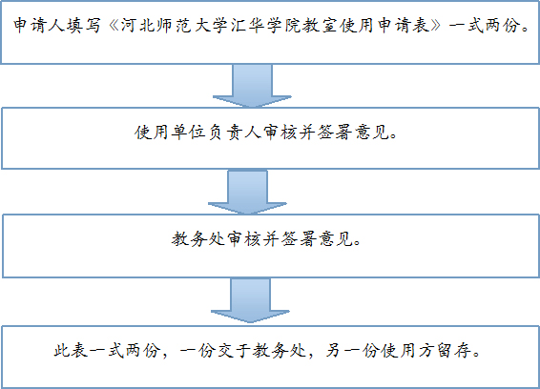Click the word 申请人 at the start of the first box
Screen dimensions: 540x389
click(39, 26)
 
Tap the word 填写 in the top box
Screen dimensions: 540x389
click(84, 26)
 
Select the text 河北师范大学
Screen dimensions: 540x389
click(175, 26)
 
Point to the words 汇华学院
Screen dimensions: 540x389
click(266, 26)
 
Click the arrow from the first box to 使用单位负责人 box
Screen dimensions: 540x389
click(253, 86)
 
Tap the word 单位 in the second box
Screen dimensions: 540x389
click(188, 133)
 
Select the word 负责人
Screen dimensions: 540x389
click(234, 133)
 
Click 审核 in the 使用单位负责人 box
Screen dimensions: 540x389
click(280, 133)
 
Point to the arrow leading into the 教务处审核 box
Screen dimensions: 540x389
click(247, 192)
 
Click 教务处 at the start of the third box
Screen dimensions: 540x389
click(198, 238)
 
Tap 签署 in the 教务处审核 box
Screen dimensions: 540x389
click(299, 238)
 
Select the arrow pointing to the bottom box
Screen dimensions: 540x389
click(250, 300)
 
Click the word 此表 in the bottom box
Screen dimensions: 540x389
click(71, 351)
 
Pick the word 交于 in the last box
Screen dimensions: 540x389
click(233, 351)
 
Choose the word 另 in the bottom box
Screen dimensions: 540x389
click(333, 351)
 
